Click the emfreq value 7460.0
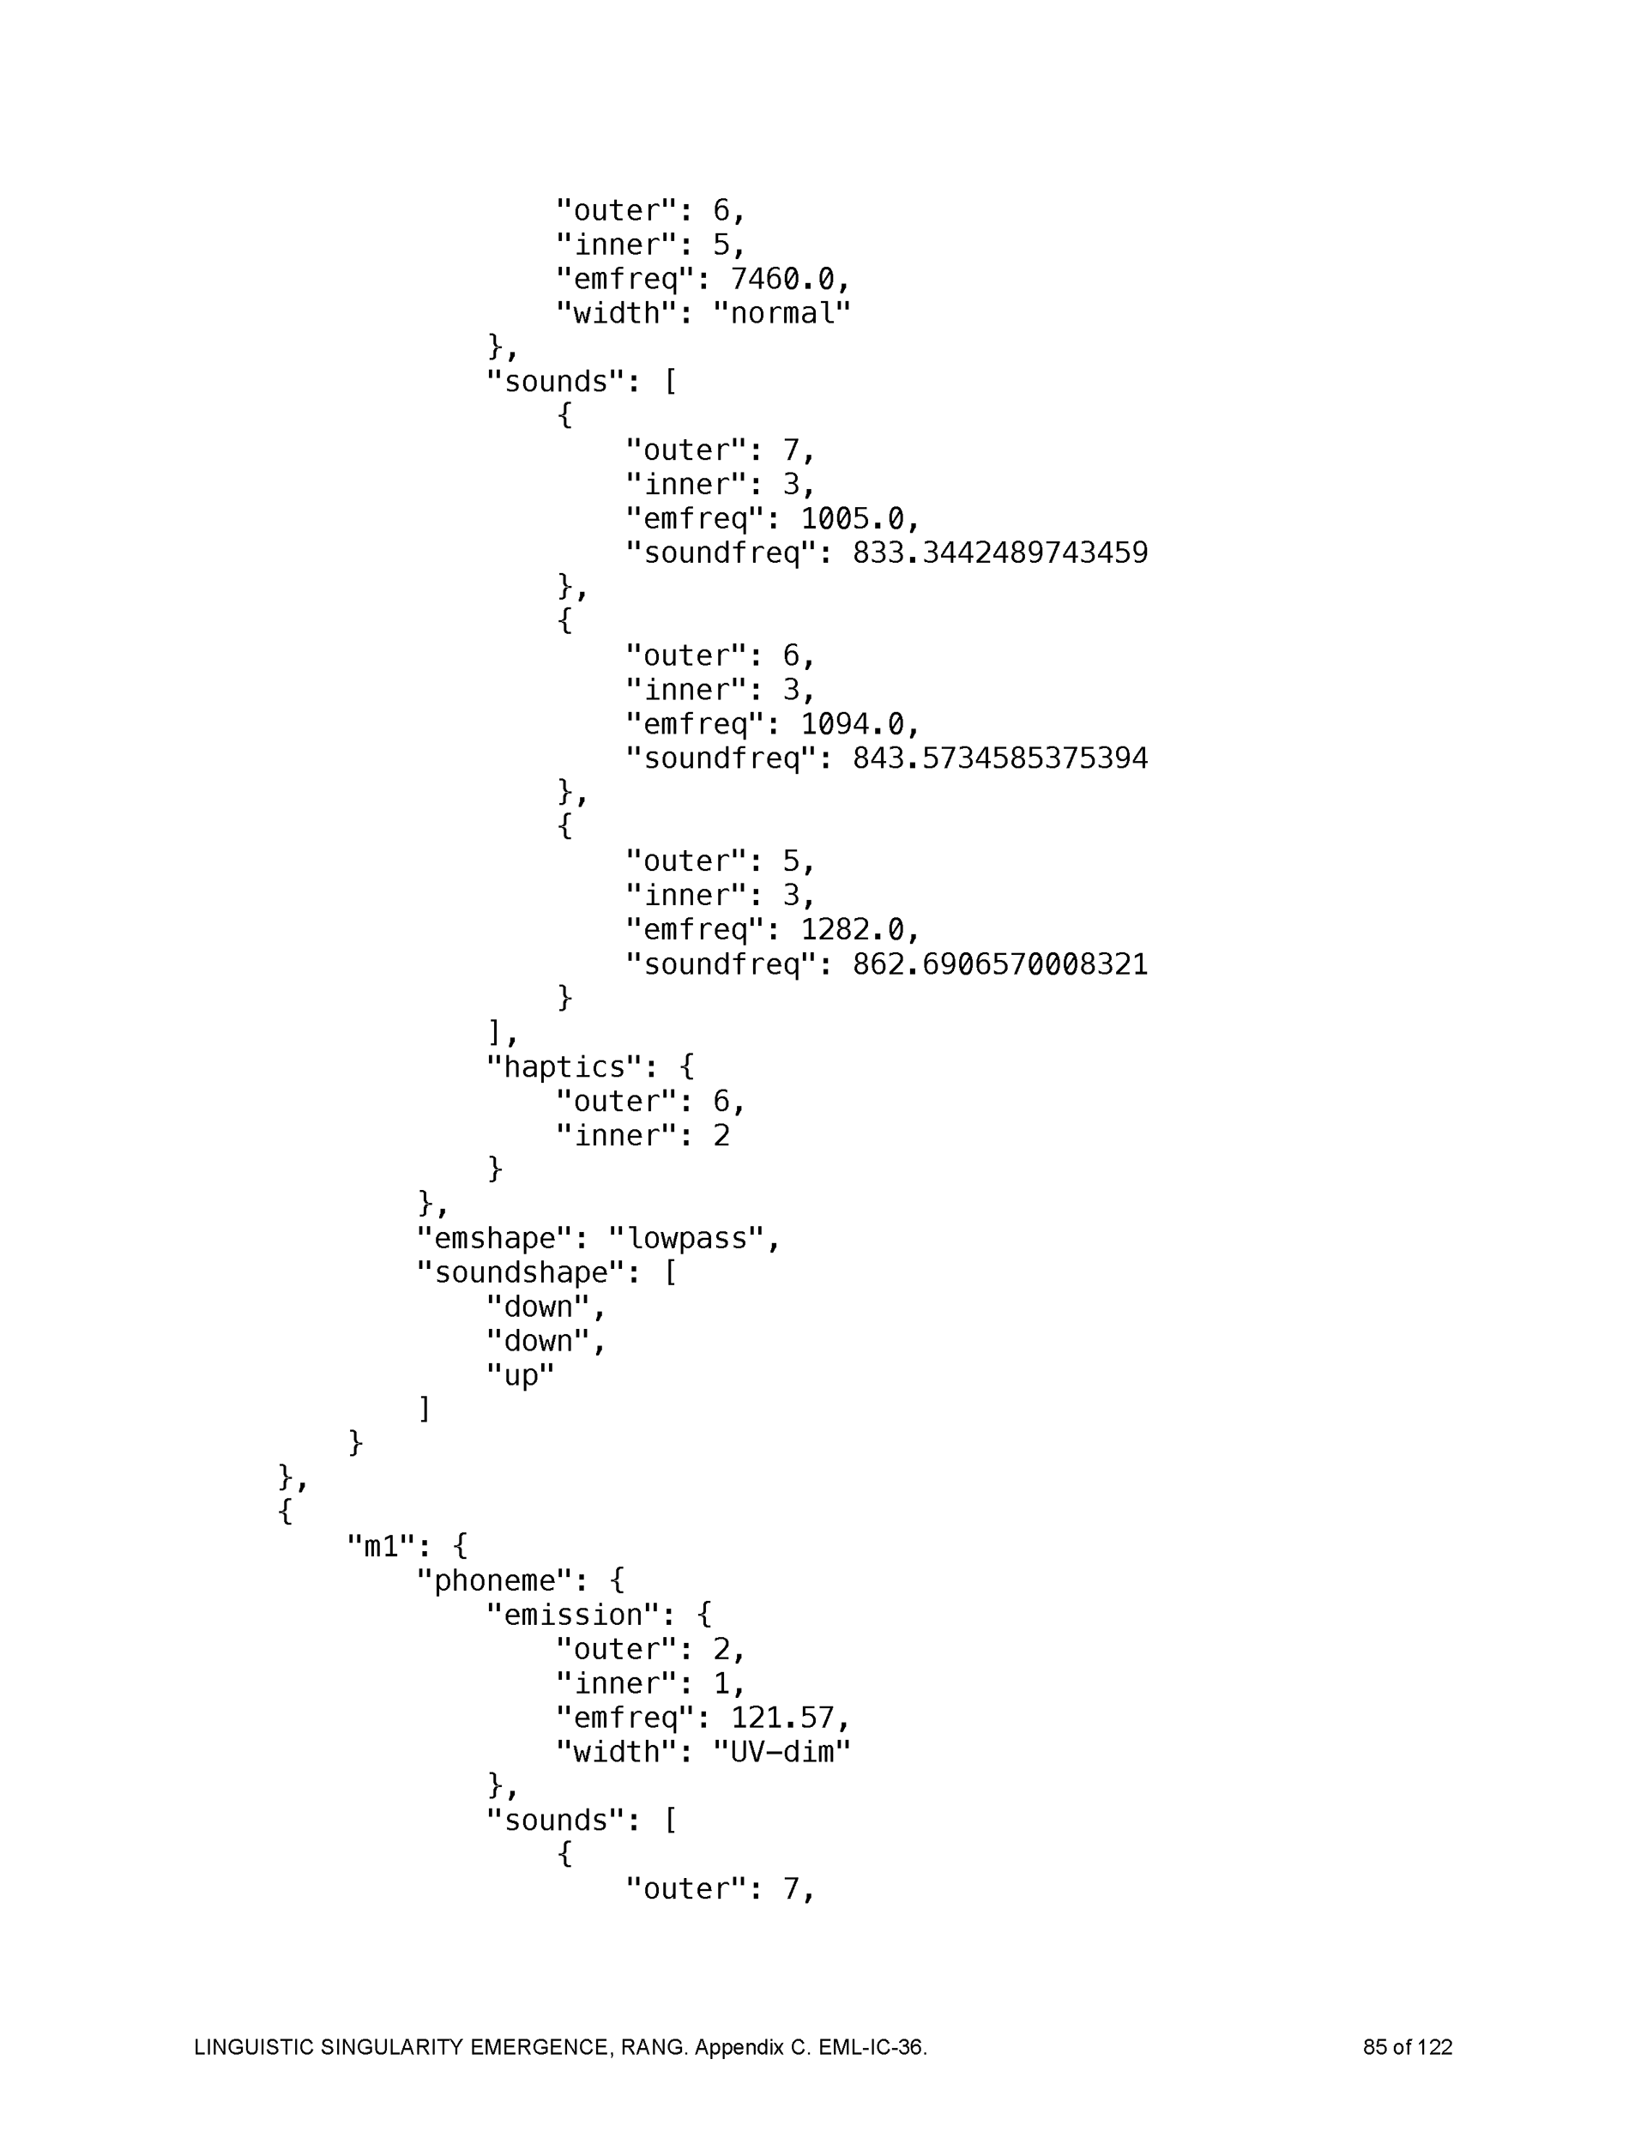783,281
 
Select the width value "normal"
782,314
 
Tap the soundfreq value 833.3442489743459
999,553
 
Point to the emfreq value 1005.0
853,519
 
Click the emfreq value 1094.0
853,724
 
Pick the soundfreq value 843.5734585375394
999,758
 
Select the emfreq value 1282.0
853,929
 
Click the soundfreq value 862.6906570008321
999,964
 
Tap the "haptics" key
564,1067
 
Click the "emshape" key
494,1239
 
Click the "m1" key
381,1547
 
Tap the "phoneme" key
494,1581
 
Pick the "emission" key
573,1616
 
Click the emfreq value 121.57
783,1718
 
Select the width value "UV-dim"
782,1752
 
